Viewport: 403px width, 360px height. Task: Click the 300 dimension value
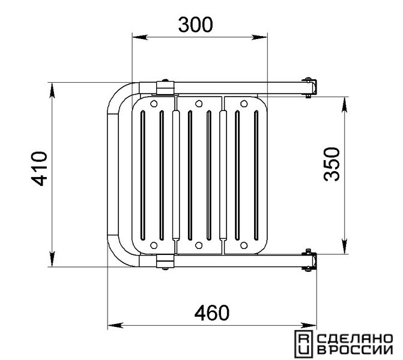196,25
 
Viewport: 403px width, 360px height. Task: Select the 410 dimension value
39,169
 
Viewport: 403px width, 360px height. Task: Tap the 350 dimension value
332,164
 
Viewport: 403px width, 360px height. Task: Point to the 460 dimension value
211,313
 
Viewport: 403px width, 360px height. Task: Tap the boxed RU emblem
303,344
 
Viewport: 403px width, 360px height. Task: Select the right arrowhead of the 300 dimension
259,37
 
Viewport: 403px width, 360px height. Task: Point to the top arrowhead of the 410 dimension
52,91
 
